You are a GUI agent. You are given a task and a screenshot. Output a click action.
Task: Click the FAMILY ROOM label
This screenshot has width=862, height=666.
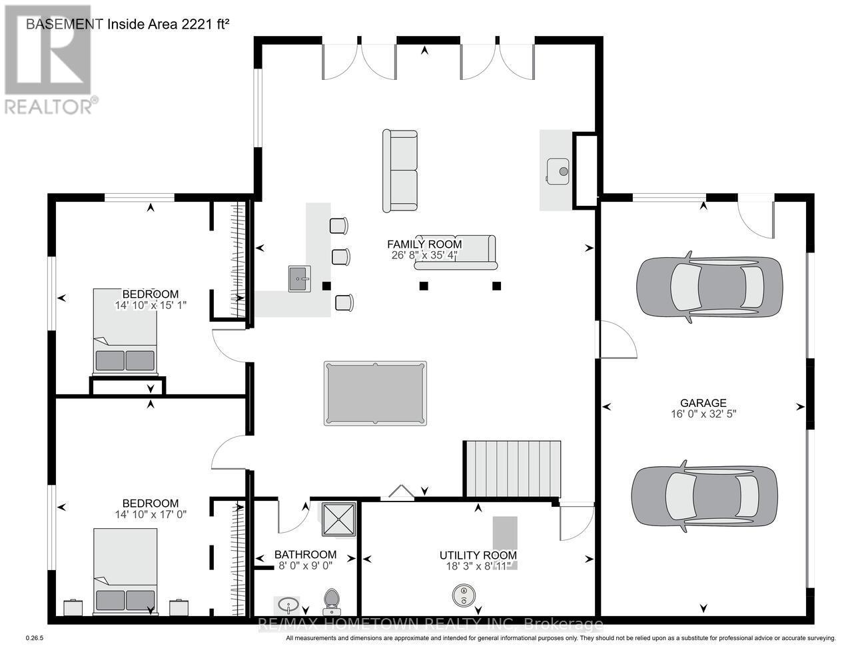click(x=424, y=244)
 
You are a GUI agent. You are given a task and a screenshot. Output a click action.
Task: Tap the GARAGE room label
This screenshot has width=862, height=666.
click(x=703, y=403)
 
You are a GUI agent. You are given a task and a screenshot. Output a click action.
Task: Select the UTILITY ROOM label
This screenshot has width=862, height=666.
click(x=478, y=555)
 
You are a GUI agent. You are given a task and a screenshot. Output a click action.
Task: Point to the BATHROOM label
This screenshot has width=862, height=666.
click(x=306, y=555)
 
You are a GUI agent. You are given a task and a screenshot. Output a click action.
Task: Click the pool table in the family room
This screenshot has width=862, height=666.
click(x=375, y=393)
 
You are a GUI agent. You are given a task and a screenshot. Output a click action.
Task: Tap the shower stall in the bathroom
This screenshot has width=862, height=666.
click(x=338, y=519)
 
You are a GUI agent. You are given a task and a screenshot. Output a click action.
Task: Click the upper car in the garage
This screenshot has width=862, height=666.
click(x=709, y=286)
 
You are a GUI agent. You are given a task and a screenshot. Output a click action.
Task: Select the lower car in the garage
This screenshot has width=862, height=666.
click(x=704, y=496)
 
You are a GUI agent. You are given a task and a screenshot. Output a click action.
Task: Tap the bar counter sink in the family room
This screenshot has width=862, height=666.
click(x=300, y=278)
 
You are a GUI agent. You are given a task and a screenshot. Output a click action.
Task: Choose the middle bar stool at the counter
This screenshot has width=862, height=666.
click(x=341, y=257)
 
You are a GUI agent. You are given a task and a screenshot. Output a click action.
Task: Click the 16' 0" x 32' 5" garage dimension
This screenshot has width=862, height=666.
click(x=703, y=414)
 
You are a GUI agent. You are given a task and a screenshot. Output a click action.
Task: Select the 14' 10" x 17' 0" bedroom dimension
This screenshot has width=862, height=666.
click(x=151, y=515)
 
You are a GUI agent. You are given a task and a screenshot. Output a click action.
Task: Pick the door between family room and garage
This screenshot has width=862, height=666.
click(x=617, y=340)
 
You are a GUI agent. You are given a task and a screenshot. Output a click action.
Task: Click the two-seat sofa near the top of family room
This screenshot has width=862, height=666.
click(x=400, y=171)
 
